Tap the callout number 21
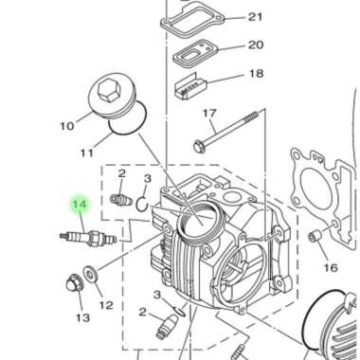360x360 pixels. pyautogui.click(x=256, y=17)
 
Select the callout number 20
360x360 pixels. pyautogui.click(x=256, y=45)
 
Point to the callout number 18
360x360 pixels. pyautogui.click(x=256, y=73)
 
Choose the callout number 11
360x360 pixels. pyautogui.click(x=86, y=151)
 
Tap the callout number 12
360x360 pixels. pyautogui.click(x=106, y=304)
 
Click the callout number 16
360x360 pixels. pyautogui.click(x=330, y=268)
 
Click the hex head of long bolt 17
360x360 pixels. pyautogui.click(x=201, y=146)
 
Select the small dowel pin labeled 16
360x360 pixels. pyautogui.click(x=315, y=237)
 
